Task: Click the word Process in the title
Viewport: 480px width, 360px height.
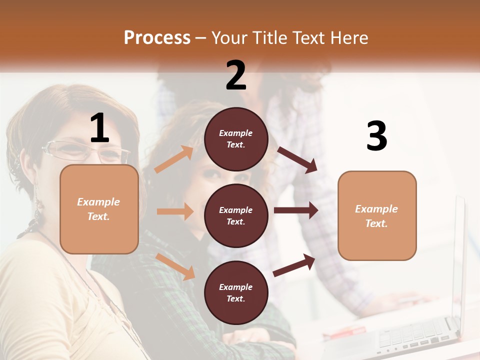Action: tap(157, 38)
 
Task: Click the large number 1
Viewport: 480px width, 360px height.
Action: tap(99, 129)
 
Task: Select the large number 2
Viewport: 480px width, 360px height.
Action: tap(236, 75)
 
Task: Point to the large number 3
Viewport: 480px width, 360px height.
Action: tap(376, 136)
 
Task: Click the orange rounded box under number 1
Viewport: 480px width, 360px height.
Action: tap(99, 209)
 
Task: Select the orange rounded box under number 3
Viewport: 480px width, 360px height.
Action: tap(377, 215)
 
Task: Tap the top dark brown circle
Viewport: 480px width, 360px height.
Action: tap(236, 139)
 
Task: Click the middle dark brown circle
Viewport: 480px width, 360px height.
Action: tap(236, 216)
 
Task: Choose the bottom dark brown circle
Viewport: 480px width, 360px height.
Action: tap(236, 293)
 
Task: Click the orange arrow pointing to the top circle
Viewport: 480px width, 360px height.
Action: tap(174, 159)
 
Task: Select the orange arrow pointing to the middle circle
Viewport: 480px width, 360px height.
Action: tap(175, 211)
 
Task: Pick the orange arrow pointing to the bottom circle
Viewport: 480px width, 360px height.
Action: tap(175, 266)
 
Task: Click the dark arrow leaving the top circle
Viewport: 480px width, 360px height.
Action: tap(297, 160)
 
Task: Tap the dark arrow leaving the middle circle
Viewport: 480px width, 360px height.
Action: tap(295, 210)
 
